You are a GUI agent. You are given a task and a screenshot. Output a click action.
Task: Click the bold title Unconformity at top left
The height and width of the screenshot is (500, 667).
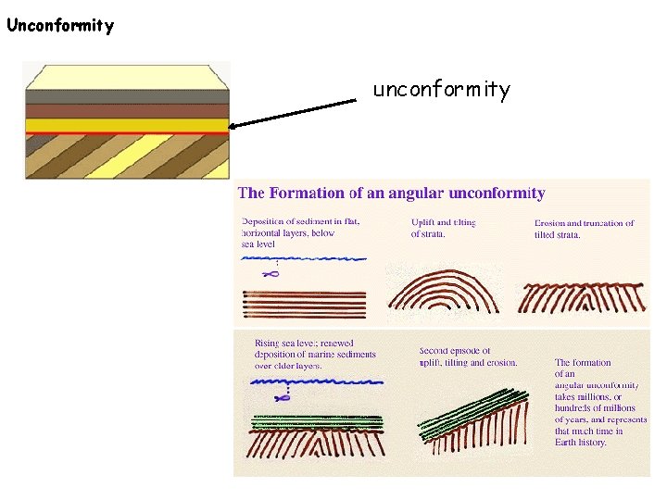pos(60,25)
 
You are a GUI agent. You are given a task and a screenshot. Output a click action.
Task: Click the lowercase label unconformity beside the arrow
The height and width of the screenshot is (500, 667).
pos(441,90)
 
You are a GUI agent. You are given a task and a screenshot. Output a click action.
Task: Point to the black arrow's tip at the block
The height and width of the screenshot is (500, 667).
pos(233,127)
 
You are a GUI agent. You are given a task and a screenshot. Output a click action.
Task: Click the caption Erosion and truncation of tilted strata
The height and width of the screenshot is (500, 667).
pos(584,229)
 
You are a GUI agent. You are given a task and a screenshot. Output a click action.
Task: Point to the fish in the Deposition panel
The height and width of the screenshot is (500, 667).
pos(271,274)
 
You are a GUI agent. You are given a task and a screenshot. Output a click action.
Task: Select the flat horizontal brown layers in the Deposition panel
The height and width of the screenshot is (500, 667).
pos(304,304)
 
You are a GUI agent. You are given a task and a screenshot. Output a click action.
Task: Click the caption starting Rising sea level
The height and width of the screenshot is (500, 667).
pos(303,355)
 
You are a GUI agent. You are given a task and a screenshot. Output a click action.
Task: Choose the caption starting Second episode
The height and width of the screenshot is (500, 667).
pos(468,356)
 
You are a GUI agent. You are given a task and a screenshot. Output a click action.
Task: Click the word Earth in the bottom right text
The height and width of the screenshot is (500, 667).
pos(568,443)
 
